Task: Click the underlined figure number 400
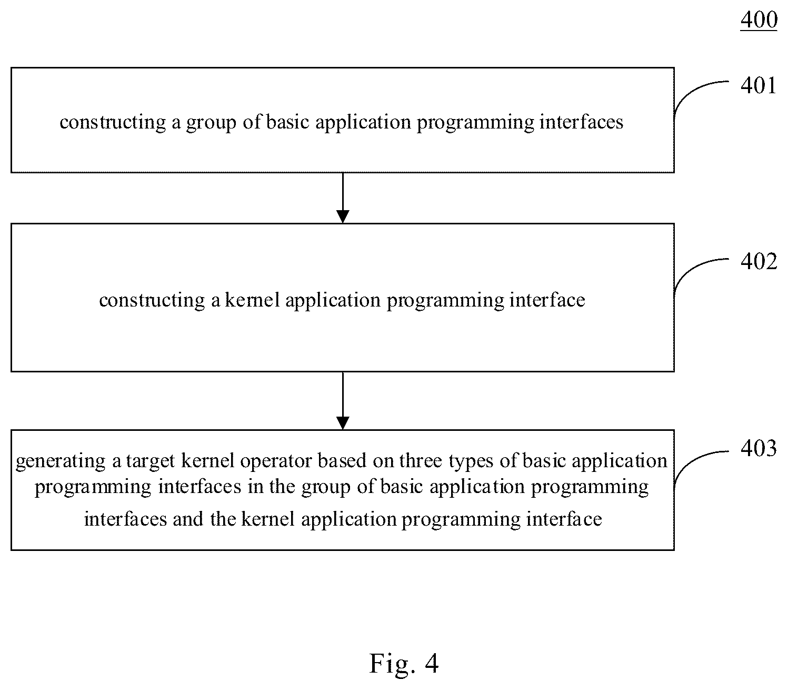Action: point(759,19)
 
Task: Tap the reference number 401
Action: point(759,85)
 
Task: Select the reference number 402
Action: point(759,261)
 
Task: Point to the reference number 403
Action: point(759,448)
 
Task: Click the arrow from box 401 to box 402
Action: point(343,198)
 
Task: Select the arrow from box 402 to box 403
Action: point(343,401)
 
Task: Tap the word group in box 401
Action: point(211,123)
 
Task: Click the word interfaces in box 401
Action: point(581,122)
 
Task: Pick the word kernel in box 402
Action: point(252,300)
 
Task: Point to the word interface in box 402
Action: point(547,300)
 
